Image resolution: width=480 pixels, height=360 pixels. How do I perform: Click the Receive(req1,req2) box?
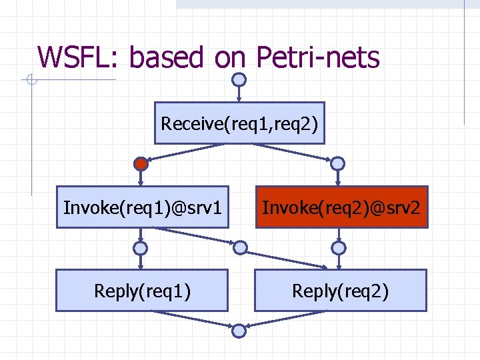click(x=239, y=123)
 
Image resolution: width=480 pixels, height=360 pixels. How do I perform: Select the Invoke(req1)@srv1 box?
click(x=142, y=207)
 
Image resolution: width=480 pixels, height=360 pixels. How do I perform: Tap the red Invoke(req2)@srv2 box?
click(x=341, y=207)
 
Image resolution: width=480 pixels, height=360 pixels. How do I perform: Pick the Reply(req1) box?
click(x=142, y=291)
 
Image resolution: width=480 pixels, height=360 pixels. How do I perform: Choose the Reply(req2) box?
click(x=340, y=291)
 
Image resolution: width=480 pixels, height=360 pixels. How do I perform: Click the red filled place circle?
click(x=141, y=163)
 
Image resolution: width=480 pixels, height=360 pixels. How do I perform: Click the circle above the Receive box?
click(x=239, y=79)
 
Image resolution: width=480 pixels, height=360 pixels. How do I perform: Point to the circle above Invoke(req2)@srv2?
click(x=338, y=163)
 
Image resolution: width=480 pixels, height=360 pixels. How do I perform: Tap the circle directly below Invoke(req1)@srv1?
click(x=141, y=248)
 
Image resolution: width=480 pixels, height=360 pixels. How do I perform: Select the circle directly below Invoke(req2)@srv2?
click(x=339, y=248)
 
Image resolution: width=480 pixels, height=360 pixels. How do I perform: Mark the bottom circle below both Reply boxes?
click(x=239, y=330)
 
